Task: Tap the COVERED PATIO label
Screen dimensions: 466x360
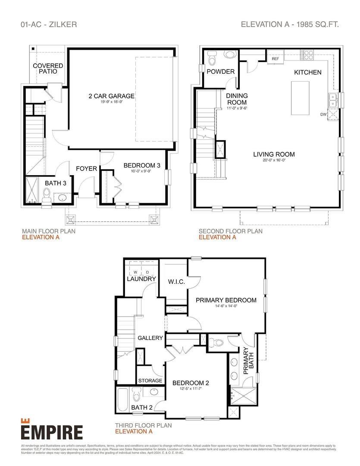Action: point(48,68)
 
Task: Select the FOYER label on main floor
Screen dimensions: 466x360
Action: point(87,168)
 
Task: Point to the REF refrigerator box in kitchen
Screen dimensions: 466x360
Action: point(275,58)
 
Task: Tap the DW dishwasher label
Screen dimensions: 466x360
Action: point(323,114)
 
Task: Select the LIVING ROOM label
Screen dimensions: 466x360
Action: point(274,154)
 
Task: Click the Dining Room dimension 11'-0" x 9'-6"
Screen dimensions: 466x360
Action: point(237,108)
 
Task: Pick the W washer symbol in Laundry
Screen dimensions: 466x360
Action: point(135,272)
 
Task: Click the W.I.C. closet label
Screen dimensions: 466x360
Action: point(176,282)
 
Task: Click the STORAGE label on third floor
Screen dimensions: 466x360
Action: point(150,381)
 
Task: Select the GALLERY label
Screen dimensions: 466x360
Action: point(150,338)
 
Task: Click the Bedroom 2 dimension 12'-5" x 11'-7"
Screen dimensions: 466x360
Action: point(190,388)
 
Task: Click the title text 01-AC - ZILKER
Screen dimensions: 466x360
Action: point(49,24)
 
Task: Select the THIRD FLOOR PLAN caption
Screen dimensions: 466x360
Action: point(143,425)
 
